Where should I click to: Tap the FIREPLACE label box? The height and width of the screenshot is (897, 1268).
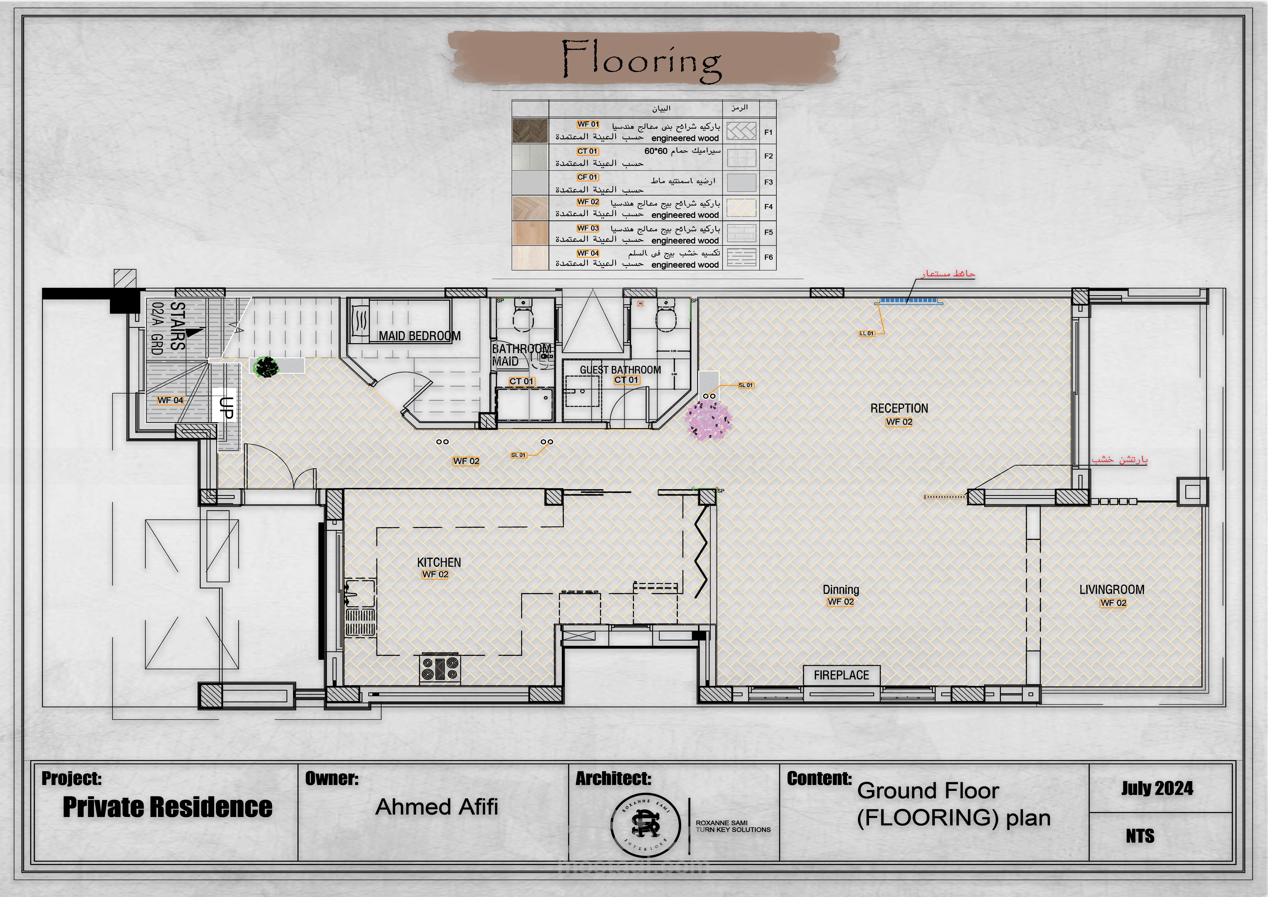pyautogui.click(x=841, y=675)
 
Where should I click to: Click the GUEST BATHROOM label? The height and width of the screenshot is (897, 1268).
pyautogui.click(x=620, y=369)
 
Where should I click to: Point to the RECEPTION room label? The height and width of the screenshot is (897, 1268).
pyautogui.click(x=899, y=408)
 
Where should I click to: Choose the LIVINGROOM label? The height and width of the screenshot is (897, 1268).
pyautogui.click(x=1112, y=589)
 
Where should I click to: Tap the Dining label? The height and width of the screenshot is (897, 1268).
pyautogui.click(x=841, y=589)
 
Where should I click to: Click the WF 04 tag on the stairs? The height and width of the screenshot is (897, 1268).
pyautogui.click(x=170, y=400)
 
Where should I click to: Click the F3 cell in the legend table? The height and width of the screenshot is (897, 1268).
pyautogui.click(x=768, y=182)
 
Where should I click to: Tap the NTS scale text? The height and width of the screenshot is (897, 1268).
pyautogui.click(x=1140, y=836)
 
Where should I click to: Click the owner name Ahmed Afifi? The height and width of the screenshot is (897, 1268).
pyautogui.click(x=436, y=807)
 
